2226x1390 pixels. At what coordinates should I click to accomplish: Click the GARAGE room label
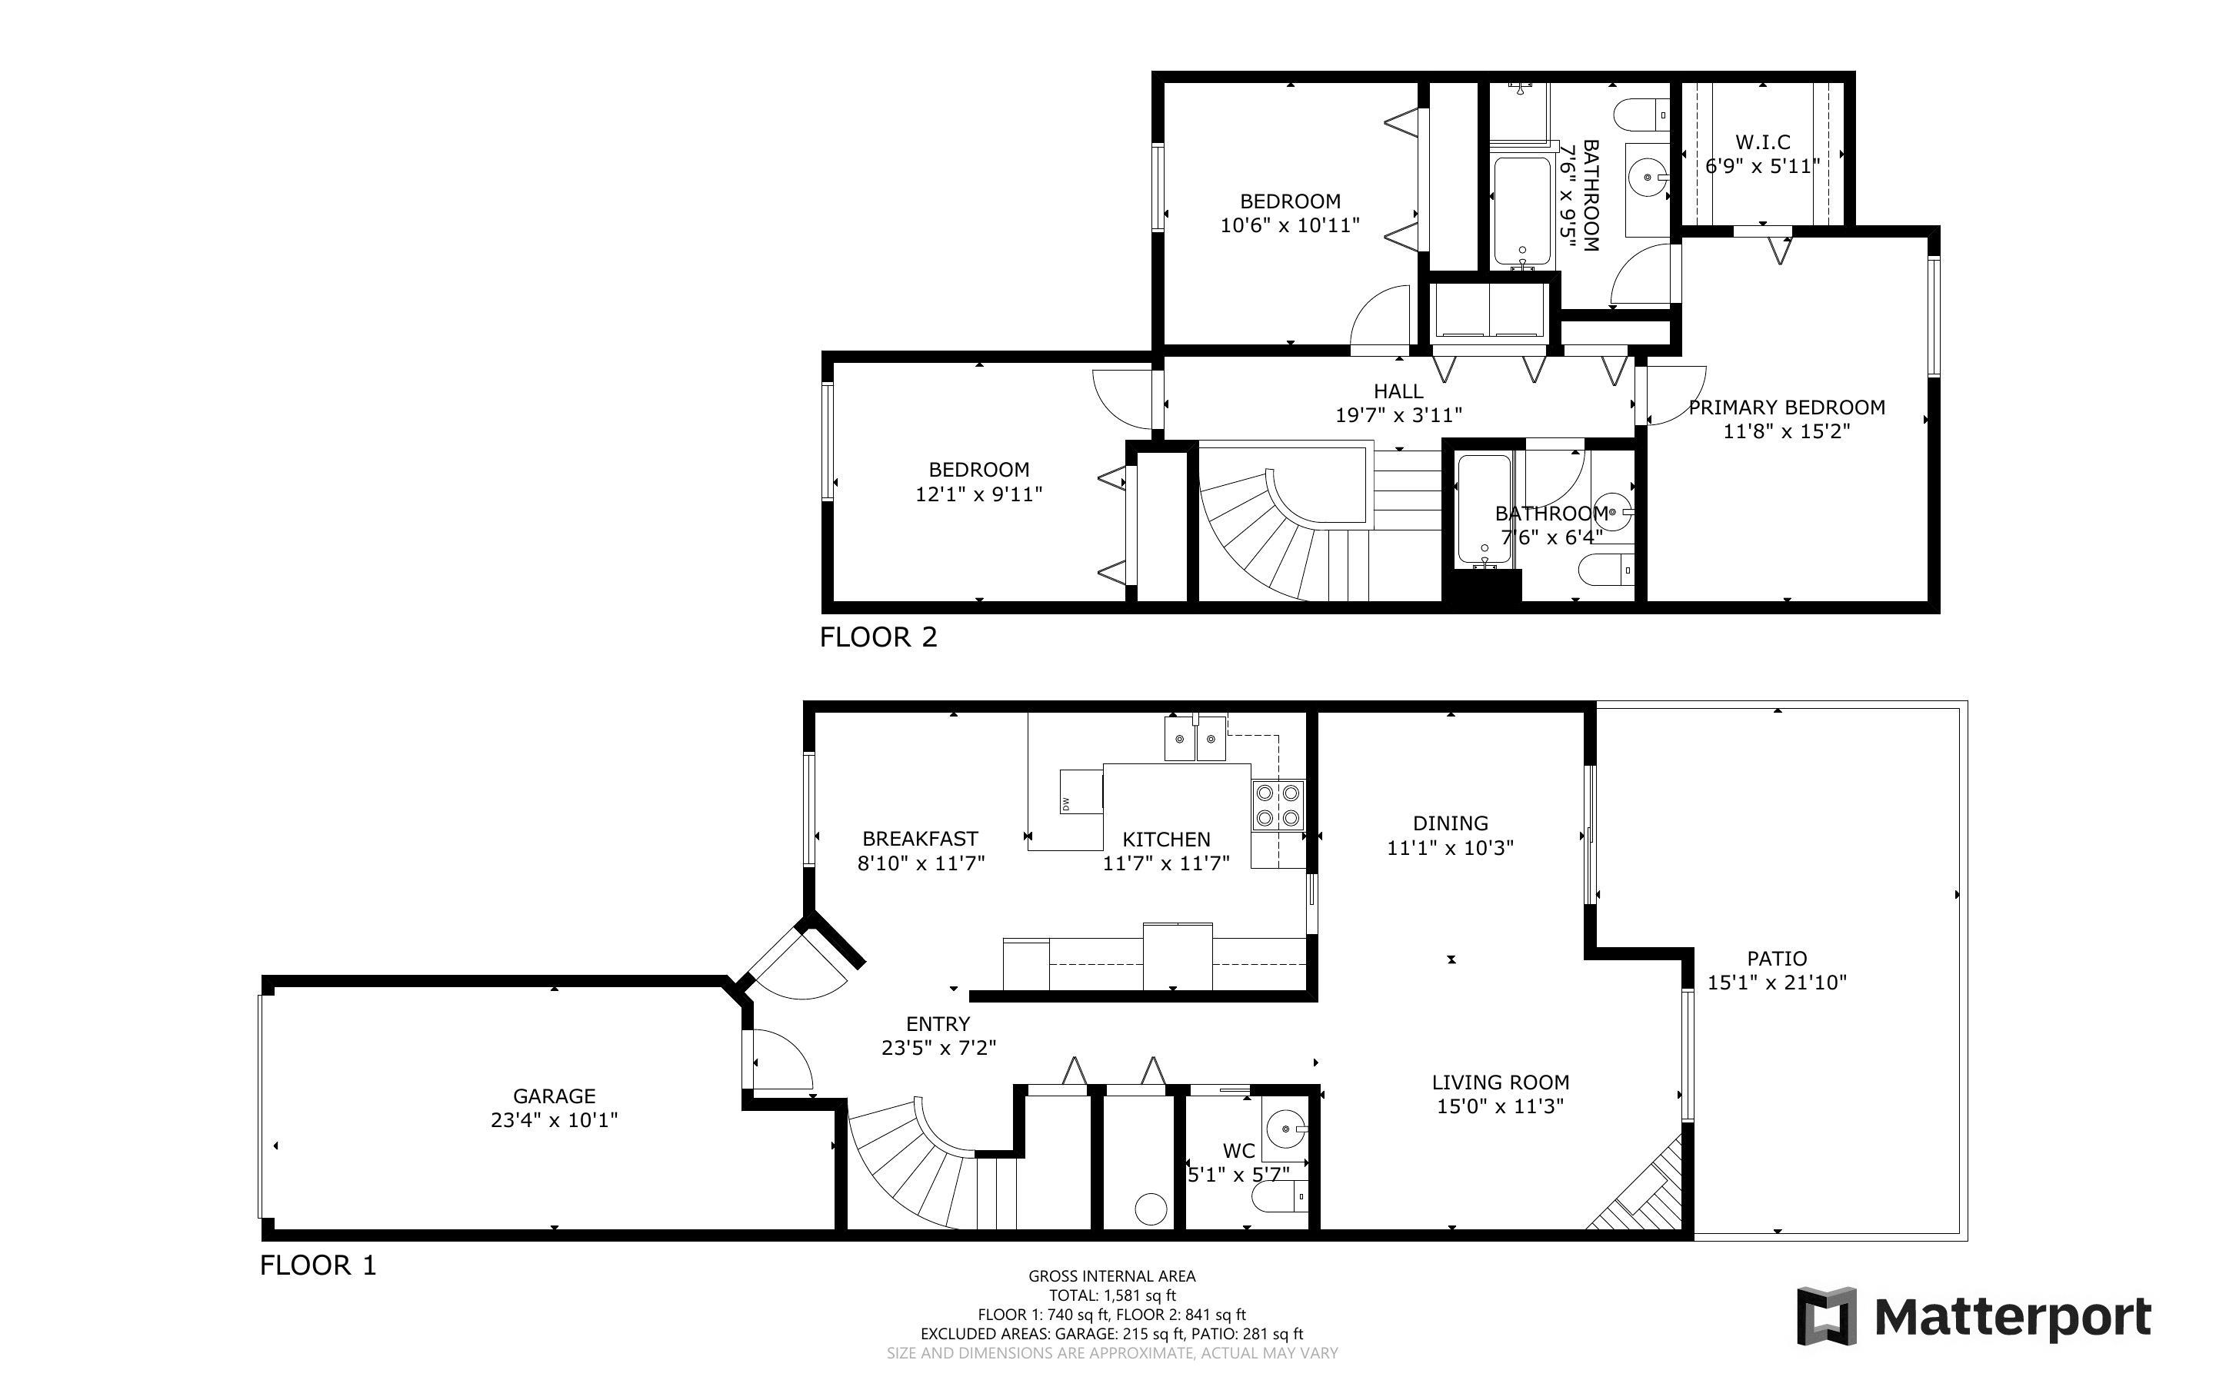(554, 1096)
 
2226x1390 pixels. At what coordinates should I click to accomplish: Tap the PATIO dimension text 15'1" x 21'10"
(1776, 983)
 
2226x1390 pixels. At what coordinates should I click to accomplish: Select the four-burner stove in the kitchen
(1277, 804)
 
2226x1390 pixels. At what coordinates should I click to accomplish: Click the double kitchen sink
(1195, 738)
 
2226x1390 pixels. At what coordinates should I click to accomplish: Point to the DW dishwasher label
(1065, 803)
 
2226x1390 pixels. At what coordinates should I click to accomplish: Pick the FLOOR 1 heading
(318, 1266)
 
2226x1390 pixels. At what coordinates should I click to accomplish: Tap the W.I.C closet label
(1763, 142)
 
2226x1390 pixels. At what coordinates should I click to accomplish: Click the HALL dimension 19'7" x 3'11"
(1398, 415)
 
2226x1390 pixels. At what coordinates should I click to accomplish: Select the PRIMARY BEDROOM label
(1787, 407)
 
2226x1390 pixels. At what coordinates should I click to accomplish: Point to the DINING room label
(1450, 823)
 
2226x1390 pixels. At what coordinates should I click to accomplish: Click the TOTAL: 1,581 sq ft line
(1112, 1295)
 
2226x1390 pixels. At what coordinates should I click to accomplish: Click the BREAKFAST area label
(919, 840)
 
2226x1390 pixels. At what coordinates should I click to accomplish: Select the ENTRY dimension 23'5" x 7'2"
(938, 1048)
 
